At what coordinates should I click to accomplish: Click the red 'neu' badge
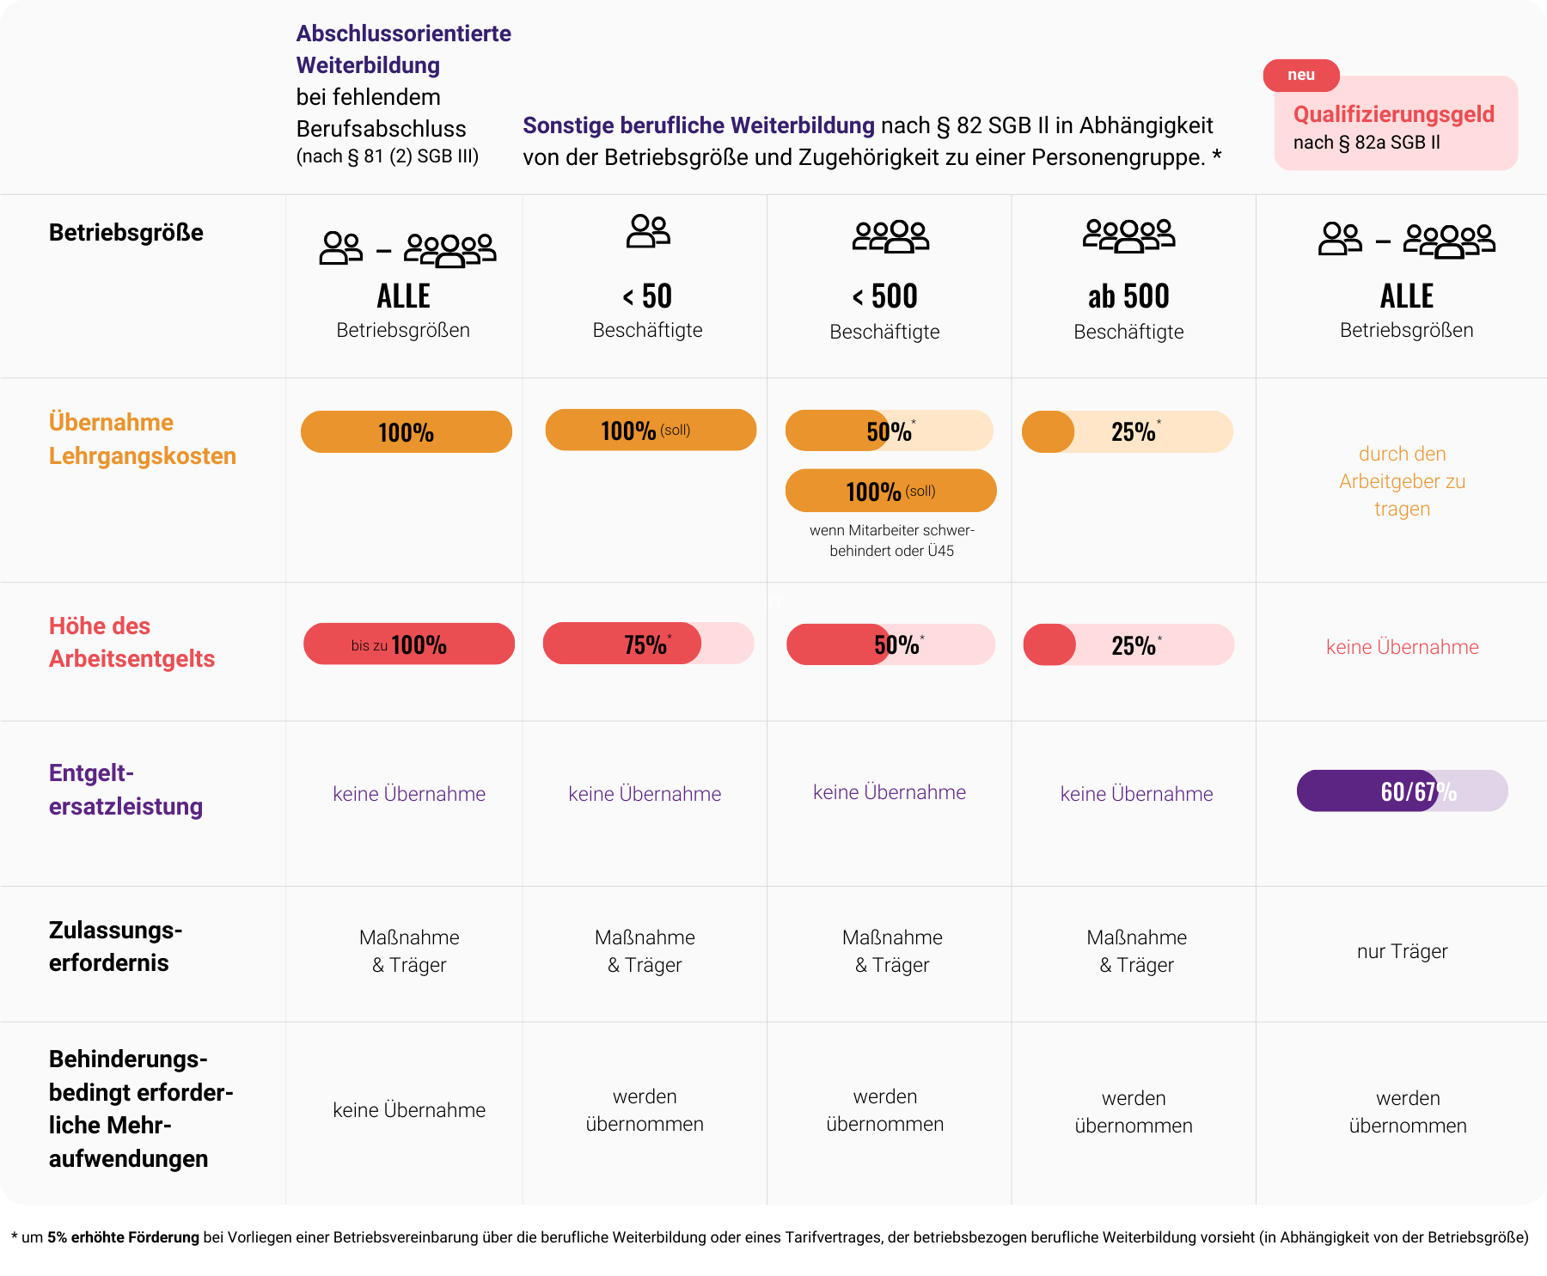pyautogui.click(x=1300, y=76)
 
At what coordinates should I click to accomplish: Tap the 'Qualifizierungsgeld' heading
pyautogui.click(x=1393, y=114)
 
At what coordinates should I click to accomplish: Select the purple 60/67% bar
pyautogui.click(x=1402, y=791)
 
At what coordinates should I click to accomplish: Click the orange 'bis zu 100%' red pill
pyautogui.click(x=408, y=644)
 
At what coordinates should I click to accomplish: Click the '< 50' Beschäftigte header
pyautogui.click(x=647, y=297)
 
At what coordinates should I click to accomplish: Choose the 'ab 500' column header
pyautogui.click(x=1128, y=297)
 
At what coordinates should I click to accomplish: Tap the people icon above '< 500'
pyautogui.click(x=890, y=236)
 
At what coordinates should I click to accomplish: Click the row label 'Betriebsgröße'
pyautogui.click(x=126, y=233)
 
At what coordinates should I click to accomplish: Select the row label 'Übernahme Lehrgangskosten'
pyautogui.click(x=142, y=439)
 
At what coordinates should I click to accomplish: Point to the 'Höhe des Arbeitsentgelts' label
pyautogui.click(x=131, y=642)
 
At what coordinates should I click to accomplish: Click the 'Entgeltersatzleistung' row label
pyautogui.click(x=125, y=790)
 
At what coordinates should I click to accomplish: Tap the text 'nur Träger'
pyautogui.click(x=1402, y=951)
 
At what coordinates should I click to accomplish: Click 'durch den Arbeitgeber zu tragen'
pyautogui.click(x=1402, y=481)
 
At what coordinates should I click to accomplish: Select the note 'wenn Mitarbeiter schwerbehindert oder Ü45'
pyautogui.click(x=891, y=540)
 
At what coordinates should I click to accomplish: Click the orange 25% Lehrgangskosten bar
pyautogui.click(x=1127, y=431)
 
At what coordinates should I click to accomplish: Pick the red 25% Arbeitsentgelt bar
pyautogui.click(x=1128, y=645)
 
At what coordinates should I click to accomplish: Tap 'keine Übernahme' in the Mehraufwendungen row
pyautogui.click(x=409, y=1110)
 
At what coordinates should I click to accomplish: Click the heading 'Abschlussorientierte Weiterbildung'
pyautogui.click(x=403, y=49)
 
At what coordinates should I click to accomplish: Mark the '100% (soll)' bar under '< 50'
pyautogui.click(x=651, y=430)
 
